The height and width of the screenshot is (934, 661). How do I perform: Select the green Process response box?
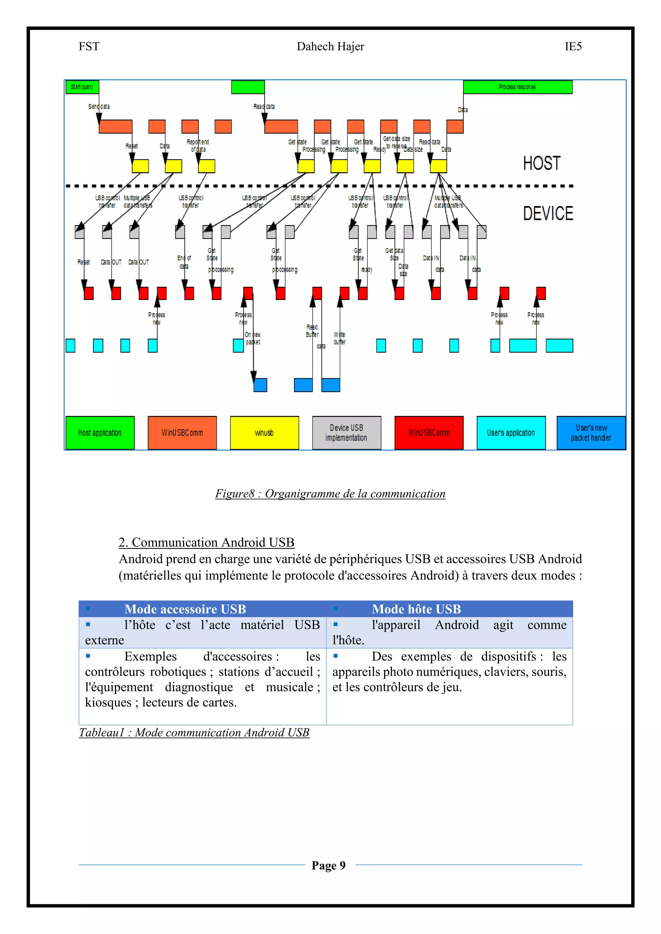pyautogui.click(x=517, y=87)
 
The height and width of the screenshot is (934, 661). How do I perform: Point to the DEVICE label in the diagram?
pyautogui.click(x=548, y=214)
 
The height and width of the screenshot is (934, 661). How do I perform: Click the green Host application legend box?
pyautogui.click(x=100, y=433)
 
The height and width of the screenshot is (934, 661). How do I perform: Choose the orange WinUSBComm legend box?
pyautogui.click(x=182, y=433)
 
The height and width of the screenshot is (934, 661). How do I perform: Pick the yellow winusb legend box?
pyautogui.click(x=264, y=433)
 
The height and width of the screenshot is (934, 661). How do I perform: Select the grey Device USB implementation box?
pyautogui.click(x=346, y=433)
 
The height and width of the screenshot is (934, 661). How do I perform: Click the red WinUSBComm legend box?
pyautogui.click(x=429, y=433)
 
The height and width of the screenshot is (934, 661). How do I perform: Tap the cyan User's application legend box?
pyautogui.click(x=511, y=433)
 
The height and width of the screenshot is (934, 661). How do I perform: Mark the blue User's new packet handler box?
pyautogui.click(x=591, y=433)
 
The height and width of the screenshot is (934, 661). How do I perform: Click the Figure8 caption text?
pyautogui.click(x=330, y=494)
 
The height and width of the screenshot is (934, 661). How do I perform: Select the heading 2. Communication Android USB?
pyautogui.click(x=206, y=543)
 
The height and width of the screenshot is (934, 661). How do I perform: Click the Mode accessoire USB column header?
pyautogui.click(x=185, y=609)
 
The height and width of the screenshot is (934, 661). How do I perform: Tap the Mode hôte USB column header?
pyautogui.click(x=416, y=609)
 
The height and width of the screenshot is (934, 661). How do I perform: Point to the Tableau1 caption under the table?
pyautogui.click(x=194, y=733)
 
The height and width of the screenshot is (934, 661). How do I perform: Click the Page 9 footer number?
pyautogui.click(x=329, y=865)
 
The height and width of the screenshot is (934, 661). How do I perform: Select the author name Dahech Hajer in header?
pyautogui.click(x=330, y=47)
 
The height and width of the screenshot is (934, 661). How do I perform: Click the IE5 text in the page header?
pyautogui.click(x=573, y=47)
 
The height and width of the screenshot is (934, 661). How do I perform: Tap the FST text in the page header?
pyautogui.click(x=89, y=47)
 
